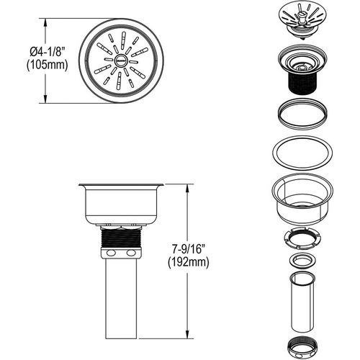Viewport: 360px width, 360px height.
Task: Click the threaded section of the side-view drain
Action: pyautogui.click(x=120, y=237)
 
